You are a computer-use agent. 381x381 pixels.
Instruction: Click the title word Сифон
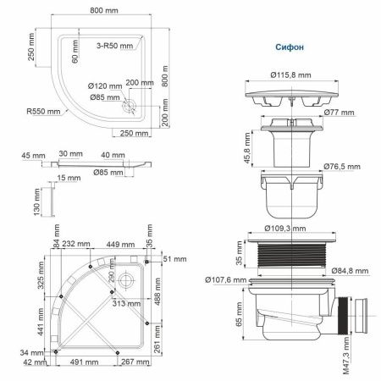pyautogui.click(x=290, y=49)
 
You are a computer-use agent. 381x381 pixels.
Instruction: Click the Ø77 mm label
pyautogui.click(x=339, y=111)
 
